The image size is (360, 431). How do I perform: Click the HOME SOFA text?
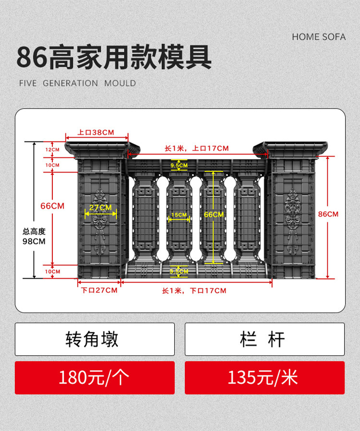coord(318,37)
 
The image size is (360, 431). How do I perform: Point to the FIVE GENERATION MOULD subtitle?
coord(77,83)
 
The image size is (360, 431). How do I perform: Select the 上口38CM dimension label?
coord(96,132)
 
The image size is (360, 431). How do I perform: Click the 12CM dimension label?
coord(53,150)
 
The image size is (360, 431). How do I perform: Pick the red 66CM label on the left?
coord(52,206)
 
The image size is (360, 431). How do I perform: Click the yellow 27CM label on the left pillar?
coord(100,208)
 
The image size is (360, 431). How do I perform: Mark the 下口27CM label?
coord(99,290)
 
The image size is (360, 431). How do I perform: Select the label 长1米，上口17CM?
coord(197,148)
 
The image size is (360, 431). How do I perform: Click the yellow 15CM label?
coord(179,215)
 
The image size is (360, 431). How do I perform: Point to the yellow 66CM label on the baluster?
coord(214,215)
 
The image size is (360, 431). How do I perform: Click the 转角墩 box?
coord(95,339)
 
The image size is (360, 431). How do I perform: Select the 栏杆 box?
coord(264,339)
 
